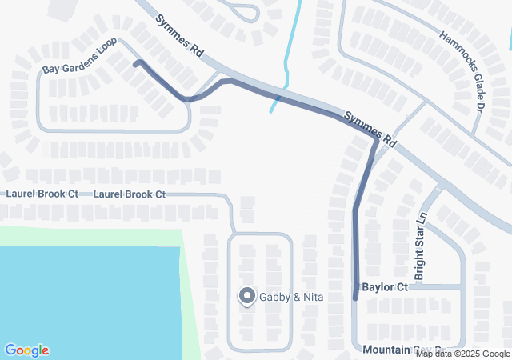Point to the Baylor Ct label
point(385,286)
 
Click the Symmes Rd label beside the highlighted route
point(370,127)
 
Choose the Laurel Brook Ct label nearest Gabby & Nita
point(129,194)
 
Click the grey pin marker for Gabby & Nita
point(246,296)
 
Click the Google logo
point(26,350)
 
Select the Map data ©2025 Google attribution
point(462,354)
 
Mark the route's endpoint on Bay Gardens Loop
point(136,62)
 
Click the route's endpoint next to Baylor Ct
point(355,297)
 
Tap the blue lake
point(80,296)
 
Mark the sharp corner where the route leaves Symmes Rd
point(374,142)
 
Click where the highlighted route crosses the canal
point(278,97)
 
